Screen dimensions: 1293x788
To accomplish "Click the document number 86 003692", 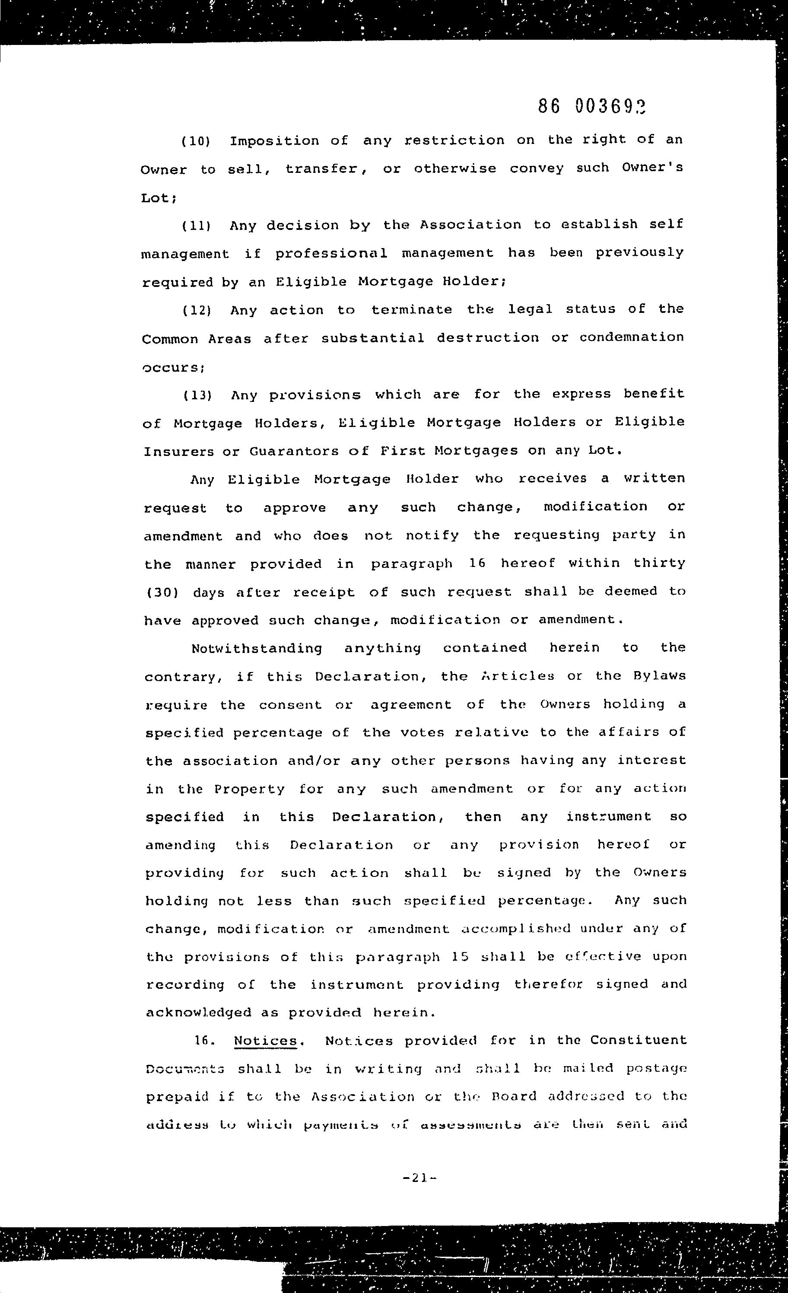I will coord(591,107).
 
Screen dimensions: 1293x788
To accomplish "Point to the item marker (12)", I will coord(197,311).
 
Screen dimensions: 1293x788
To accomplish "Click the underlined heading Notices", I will coord(265,1041).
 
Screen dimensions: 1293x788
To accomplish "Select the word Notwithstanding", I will coord(257,649).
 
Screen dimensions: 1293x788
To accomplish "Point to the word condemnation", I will coord(632,338).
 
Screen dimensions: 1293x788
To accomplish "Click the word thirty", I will coord(659,564).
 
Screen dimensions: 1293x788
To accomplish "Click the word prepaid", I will coord(177,1097).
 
